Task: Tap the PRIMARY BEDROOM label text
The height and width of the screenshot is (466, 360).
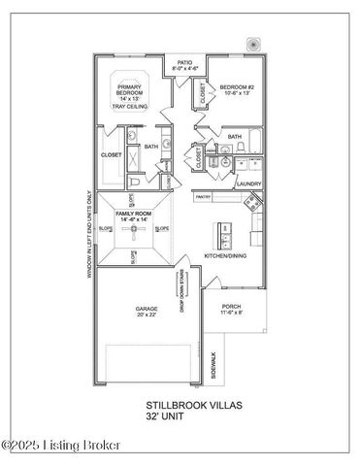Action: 130,89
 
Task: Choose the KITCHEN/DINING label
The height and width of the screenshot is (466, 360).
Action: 224,256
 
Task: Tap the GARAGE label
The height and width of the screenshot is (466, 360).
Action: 147,309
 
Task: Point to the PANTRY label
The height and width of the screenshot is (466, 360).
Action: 203,196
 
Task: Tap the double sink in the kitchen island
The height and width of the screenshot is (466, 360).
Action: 225,234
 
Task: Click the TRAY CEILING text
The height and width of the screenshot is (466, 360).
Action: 130,107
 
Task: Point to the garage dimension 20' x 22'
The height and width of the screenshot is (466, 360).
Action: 147,316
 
